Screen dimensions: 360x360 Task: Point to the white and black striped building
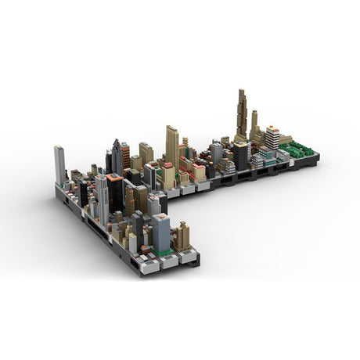pos(272,138)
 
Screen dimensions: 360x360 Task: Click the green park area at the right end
pos(297,149)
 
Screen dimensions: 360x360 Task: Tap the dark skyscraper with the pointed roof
pos(117,157)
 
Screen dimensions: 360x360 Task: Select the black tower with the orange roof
pos(115,196)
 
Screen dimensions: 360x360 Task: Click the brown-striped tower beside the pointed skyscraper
pos(125,156)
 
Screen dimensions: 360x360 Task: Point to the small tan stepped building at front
pos(182,236)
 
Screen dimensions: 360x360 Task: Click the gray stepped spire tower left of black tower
pos(101,200)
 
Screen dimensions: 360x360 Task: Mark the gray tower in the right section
pos(216,152)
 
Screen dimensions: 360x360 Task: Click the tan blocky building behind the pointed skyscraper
pos(146,153)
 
